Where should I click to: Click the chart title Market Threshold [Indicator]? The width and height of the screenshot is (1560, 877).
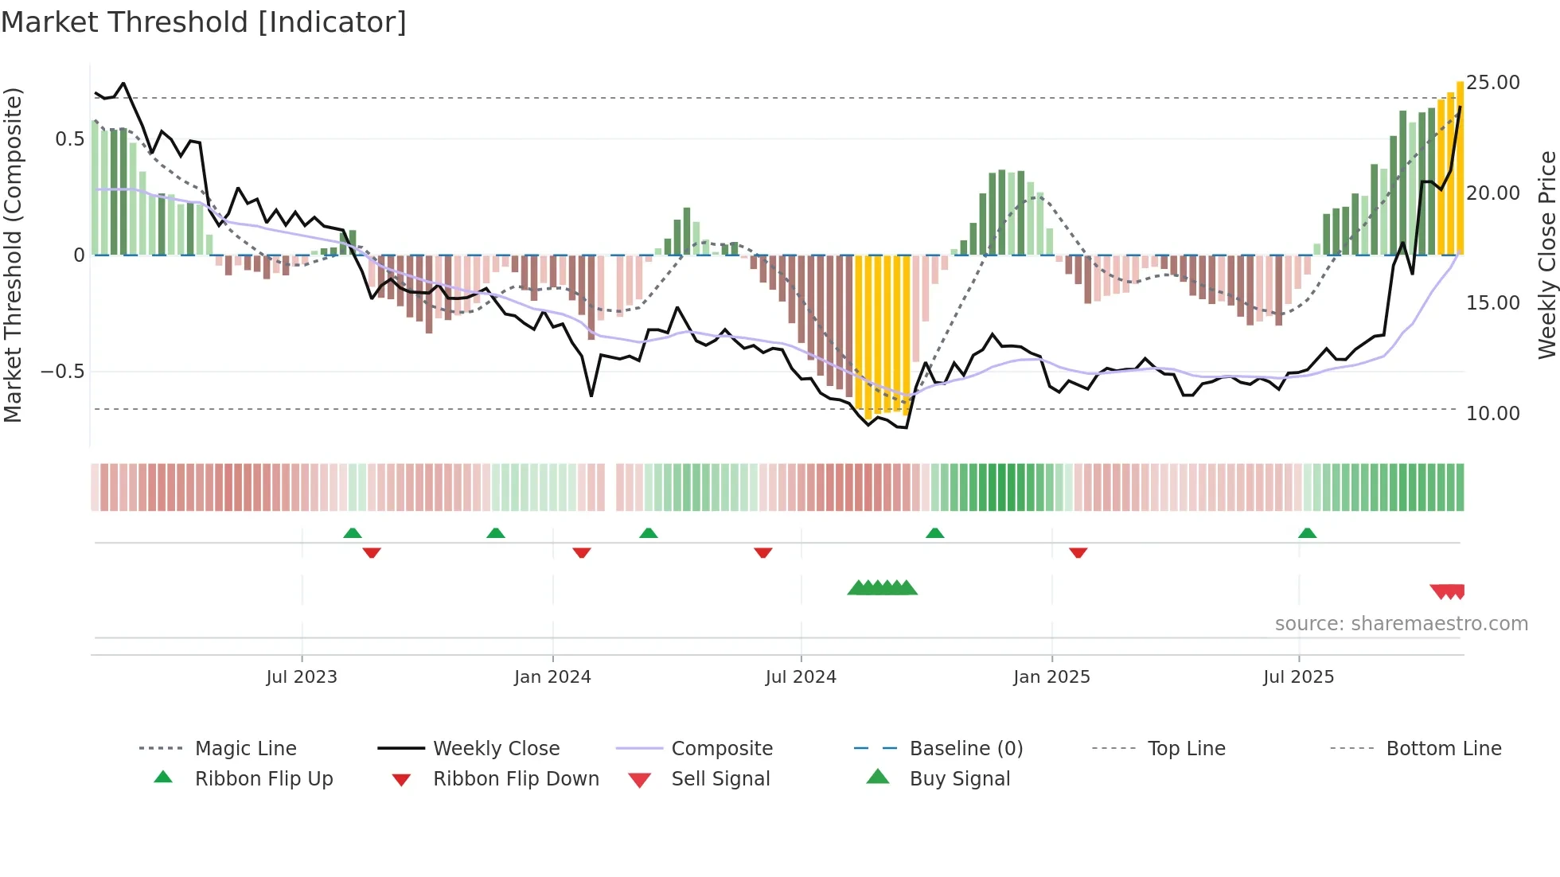[x=204, y=22]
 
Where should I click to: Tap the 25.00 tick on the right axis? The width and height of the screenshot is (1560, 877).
[x=1492, y=83]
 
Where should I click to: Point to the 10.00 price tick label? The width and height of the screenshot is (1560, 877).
[x=1492, y=414]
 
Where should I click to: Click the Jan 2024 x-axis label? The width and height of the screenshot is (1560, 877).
[x=552, y=677]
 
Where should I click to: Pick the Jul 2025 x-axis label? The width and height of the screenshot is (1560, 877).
[x=1298, y=677]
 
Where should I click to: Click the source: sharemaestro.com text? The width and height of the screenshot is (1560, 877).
[x=1401, y=624]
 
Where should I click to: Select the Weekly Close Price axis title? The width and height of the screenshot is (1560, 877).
[x=1546, y=255]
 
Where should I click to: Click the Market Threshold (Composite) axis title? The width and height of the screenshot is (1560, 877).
[x=13, y=255]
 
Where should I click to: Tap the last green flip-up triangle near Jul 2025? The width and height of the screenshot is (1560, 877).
[x=1307, y=533]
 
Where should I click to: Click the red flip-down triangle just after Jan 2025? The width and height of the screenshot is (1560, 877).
[x=1078, y=552]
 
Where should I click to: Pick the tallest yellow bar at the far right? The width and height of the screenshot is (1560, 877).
[x=1460, y=167]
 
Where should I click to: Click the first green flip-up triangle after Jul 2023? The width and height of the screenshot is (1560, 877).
[x=353, y=533]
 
